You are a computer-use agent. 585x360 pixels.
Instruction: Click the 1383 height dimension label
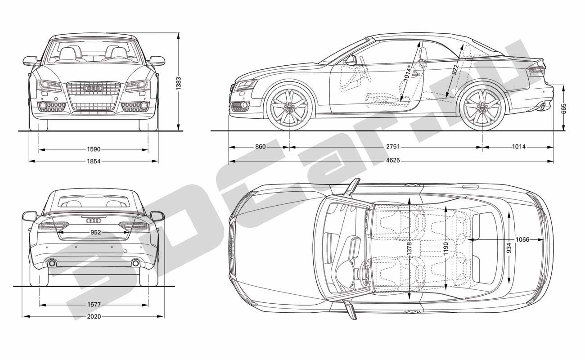coord(178,83)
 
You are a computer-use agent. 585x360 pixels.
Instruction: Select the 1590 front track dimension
coord(94,149)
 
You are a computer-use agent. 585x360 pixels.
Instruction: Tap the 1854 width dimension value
coord(94,161)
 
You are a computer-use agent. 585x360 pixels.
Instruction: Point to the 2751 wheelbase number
coord(393,147)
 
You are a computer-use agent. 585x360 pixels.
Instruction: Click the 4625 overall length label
coord(393,160)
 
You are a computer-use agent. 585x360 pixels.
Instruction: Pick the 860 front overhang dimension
coord(261,147)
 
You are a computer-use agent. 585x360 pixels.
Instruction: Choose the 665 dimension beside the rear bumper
coord(563,109)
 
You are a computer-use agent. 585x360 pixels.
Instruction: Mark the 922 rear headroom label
coord(455,70)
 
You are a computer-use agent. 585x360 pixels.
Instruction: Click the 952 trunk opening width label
coord(95,232)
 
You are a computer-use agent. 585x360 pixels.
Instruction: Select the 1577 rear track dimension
coord(94,305)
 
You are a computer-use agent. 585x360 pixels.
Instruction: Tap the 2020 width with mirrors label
coord(94,317)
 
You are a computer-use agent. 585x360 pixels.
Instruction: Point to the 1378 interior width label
coord(409,249)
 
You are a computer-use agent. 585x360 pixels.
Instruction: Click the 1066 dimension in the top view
coord(522,239)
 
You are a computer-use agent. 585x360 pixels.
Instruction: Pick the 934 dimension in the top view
coord(509,248)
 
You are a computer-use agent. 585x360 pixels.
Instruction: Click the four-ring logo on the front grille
coord(94,88)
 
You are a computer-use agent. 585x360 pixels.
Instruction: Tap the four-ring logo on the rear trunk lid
coord(94,221)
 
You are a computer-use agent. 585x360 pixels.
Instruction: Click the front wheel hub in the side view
coord(289,107)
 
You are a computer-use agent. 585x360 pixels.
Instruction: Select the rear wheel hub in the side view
coord(482,107)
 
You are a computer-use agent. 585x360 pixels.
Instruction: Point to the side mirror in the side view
coord(351,60)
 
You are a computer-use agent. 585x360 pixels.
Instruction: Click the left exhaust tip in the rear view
coord(52,263)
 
